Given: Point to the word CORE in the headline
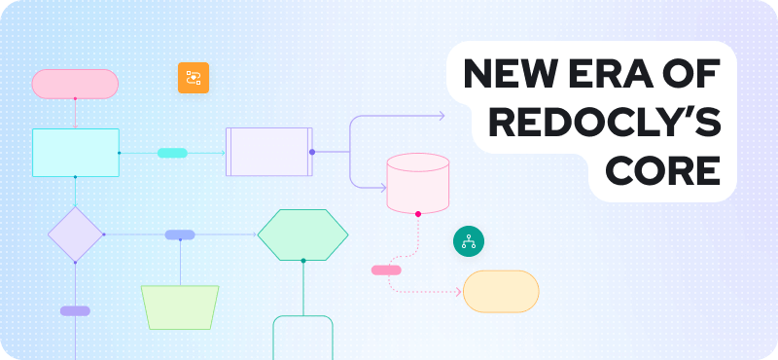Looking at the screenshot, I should coord(662,171).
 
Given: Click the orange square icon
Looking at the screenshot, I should coord(194,78).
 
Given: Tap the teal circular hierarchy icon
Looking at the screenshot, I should coord(469,242).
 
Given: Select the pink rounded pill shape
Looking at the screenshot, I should coord(75,85).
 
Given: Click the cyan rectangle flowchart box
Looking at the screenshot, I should coord(75,153).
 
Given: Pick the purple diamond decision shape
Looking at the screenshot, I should coord(75,234).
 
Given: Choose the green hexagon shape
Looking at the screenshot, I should coord(302,234).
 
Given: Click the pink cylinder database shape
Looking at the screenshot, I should coord(417,183).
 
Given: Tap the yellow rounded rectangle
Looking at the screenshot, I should coord(501,291).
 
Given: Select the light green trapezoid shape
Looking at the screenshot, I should coord(180,306).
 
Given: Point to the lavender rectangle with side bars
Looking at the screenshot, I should coord(269,152).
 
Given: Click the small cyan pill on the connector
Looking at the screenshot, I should coord(172,153).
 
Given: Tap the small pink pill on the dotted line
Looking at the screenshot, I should coord(386,270).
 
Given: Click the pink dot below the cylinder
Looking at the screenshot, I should coord(418,213).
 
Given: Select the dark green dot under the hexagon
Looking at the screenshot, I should coord(302,261).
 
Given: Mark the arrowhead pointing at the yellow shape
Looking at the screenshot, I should coord(458,291).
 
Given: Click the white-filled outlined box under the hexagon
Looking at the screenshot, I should coord(302,338).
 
